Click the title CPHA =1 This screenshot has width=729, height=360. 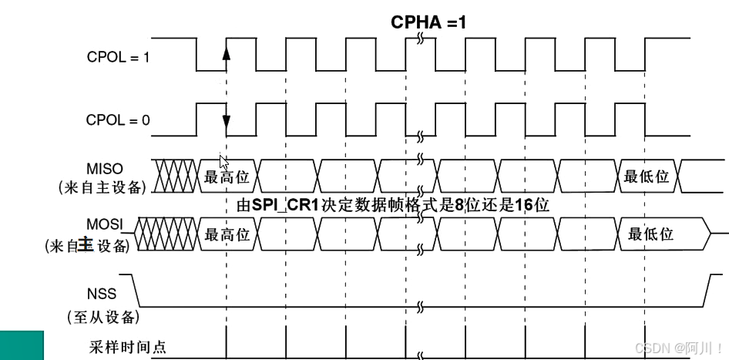coord(428,22)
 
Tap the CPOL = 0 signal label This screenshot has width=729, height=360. coord(118,120)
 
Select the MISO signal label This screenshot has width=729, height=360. coord(106,168)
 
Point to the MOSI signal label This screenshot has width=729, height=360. coord(106,224)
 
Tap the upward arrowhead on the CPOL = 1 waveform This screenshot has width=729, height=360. coord(227,53)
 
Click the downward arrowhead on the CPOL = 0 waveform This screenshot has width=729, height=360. coord(227,121)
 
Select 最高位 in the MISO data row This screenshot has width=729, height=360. coord(227,177)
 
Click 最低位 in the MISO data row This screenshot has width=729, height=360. coord(647,177)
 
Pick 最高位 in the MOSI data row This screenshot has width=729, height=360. coord(227,234)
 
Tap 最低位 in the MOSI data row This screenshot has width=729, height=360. coord(650,234)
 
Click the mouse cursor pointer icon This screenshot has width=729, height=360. coord(223,162)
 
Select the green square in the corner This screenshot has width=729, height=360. coord(22,345)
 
